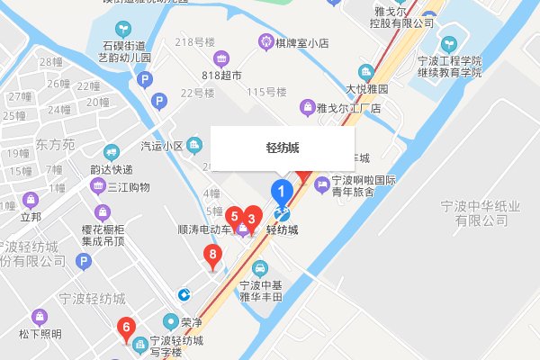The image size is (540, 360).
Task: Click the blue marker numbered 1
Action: [282, 192]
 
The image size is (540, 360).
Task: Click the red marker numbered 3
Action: [253, 217]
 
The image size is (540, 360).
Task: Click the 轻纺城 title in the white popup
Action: [283, 148]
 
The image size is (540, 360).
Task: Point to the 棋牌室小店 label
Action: [305, 41]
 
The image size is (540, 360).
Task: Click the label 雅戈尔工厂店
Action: [350, 108]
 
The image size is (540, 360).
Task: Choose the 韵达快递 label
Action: [112, 169]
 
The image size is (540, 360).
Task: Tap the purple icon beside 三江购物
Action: [98, 186]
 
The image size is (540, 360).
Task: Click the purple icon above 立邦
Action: [31, 199]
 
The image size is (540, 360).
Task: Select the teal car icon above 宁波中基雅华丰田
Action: [260, 267]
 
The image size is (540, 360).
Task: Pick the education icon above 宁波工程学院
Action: [448, 43]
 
